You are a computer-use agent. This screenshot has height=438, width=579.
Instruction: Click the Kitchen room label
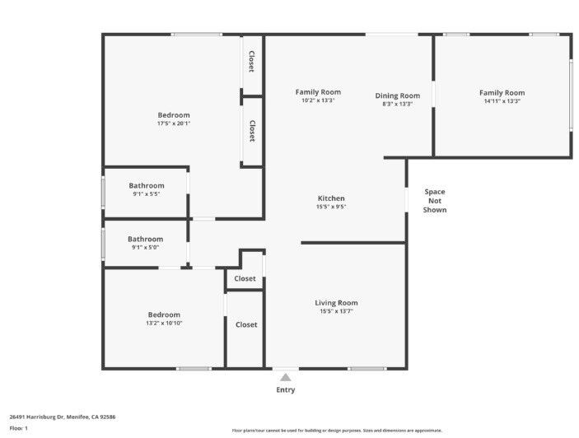[x=331, y=198]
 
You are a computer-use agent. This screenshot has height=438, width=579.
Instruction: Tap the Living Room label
[x=336, y=303]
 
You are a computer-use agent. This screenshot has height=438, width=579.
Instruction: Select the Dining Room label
[x=397, y=96]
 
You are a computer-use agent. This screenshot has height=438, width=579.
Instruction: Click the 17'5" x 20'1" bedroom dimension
[x=174, y=123]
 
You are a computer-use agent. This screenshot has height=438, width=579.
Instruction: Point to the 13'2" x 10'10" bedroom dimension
[x=164, y=323]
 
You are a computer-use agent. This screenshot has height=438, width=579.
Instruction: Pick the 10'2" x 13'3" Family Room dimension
[x=318, y=100]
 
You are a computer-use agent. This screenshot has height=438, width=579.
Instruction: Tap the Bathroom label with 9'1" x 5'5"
[x=147, y=186]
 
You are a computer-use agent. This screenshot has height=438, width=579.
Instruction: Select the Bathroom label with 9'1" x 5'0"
[x=145, y=240]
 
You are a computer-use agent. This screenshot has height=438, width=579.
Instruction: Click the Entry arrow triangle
[x=285, y=376]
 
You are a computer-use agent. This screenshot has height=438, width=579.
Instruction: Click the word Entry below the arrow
[x=285, y=389]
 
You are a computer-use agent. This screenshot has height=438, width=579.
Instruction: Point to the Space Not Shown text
[x=435, y=201]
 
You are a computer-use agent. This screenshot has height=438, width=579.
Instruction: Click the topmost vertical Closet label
[x=252, y=62]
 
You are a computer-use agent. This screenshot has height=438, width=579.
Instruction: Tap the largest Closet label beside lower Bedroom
[x=246, y=324]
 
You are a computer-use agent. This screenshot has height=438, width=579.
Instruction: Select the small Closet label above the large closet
[x=245, y=279]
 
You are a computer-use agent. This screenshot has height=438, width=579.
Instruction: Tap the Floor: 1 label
[x=18, y=428]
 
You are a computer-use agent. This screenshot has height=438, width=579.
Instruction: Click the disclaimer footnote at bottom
[x=337, y=430]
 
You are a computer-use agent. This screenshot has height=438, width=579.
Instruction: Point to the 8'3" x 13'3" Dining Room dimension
[x=397, y=105]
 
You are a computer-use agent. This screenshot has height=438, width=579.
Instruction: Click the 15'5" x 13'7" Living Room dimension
[x=336, y=311]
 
